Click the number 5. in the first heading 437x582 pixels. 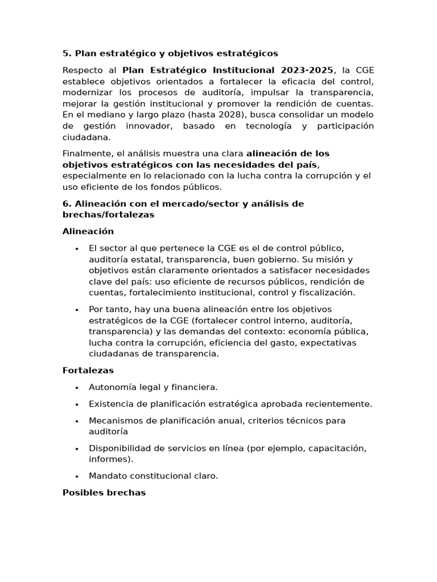[66, 53]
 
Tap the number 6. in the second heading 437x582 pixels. [66, 204]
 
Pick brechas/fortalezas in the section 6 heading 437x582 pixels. [108, 215]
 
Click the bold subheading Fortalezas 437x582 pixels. [88, 371]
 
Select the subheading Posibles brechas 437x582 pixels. [104, 493]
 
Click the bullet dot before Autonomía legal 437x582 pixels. [76, 388]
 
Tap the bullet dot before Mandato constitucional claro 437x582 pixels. [76, 476]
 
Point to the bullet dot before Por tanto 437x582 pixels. [76, 310]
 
